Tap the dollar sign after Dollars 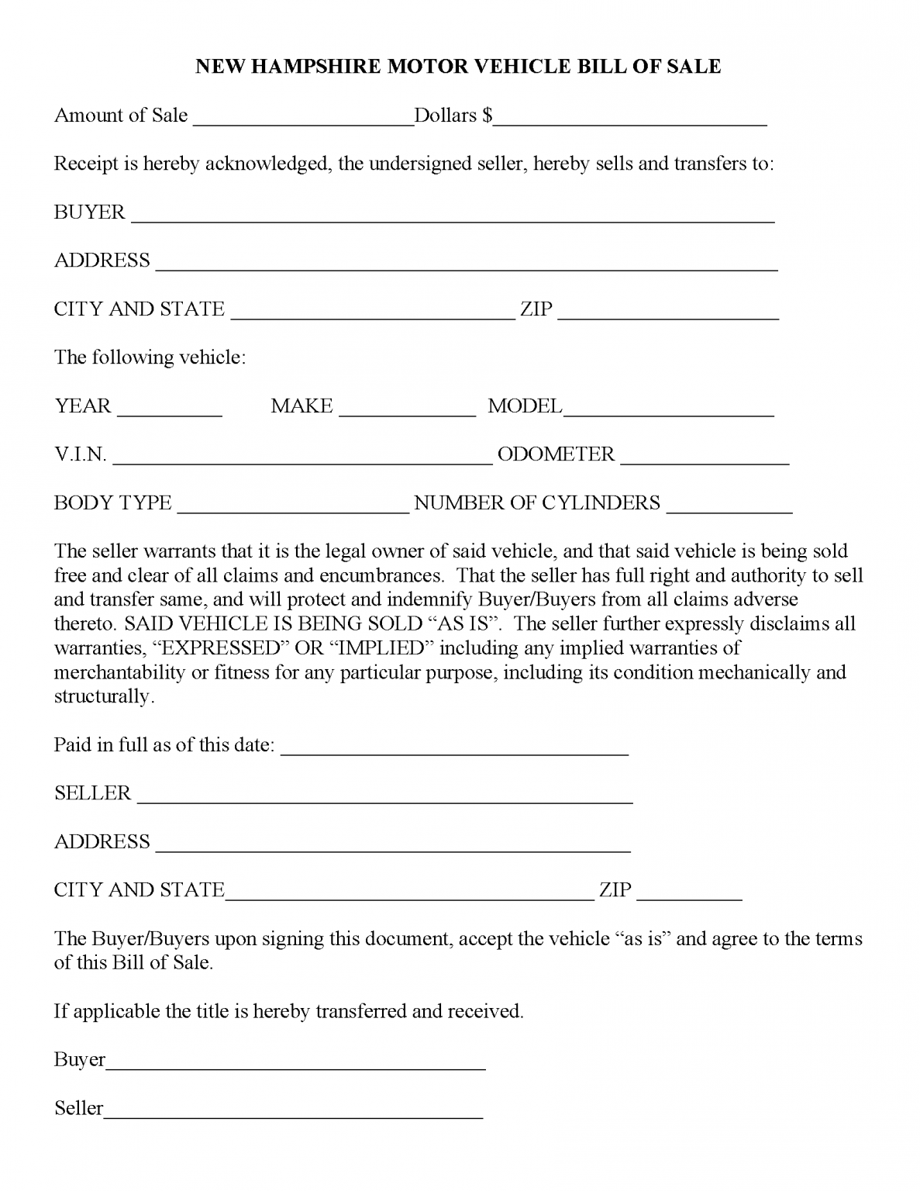(x=487, y=116)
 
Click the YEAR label (x=83, y=406)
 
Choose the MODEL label (x=524, y=406)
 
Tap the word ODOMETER (x=556, y=454)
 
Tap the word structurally (x=103, y=696)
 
